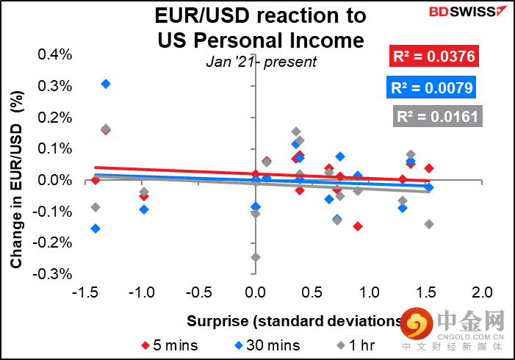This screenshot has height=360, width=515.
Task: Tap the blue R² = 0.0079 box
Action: point(430,89)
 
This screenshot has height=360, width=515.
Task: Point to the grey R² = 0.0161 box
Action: point(436,116)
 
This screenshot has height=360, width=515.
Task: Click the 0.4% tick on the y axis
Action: point(55,54)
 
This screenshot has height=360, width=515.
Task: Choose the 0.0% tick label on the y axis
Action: point(55,180)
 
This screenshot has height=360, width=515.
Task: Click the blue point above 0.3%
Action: point(106,84)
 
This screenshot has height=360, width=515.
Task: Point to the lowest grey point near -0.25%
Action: point(255,257)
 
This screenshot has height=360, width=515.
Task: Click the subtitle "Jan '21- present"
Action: point(261,62)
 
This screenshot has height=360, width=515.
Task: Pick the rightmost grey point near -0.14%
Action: point(428,224)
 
